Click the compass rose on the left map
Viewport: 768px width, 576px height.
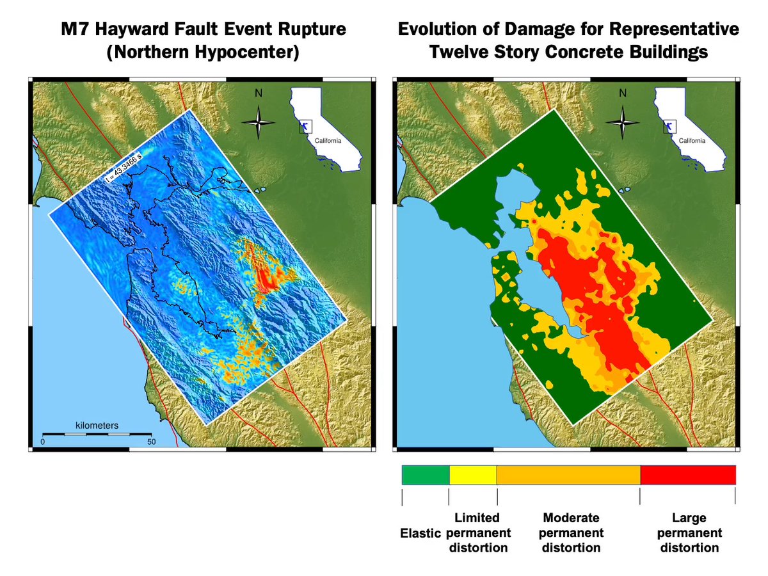pos(259,121)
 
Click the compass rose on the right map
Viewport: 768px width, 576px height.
pos(622,121)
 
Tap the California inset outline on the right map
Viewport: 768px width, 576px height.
pos(688,128)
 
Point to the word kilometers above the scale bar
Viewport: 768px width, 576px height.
pos(97,425)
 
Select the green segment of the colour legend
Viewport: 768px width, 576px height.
pos(426,475)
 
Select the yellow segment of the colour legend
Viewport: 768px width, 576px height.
pos(473,475)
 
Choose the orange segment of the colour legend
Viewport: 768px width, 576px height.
pos(568,475)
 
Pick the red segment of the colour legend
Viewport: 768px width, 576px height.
pos(687,475)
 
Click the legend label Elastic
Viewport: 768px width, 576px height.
pos(420,533)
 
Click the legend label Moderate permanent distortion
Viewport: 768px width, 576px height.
pos(571,532)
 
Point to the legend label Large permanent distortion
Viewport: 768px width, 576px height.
pos(689,532)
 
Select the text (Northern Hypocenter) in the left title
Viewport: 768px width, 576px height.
pos(203,52)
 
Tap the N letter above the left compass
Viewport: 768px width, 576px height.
pos(259,93)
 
